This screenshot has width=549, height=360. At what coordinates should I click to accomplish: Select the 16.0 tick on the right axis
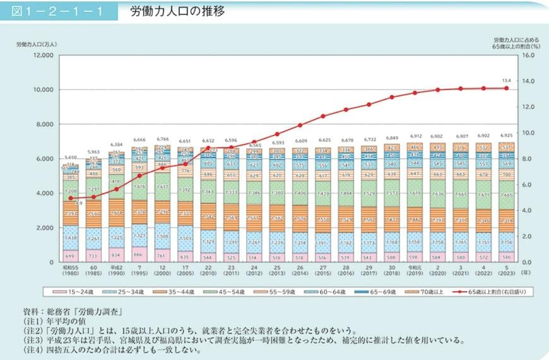[x=528, y=55]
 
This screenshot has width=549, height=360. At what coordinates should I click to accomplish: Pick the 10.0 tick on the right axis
[x=528, y=133]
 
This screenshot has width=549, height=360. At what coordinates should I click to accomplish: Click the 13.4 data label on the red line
[x=505, y=81]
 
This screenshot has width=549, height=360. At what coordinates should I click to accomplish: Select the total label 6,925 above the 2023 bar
[x=506, y=136]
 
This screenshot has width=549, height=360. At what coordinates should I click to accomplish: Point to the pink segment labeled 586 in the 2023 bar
[x=506, y=257]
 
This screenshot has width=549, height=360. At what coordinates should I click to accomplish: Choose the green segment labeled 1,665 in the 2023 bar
[x=506, y=195]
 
